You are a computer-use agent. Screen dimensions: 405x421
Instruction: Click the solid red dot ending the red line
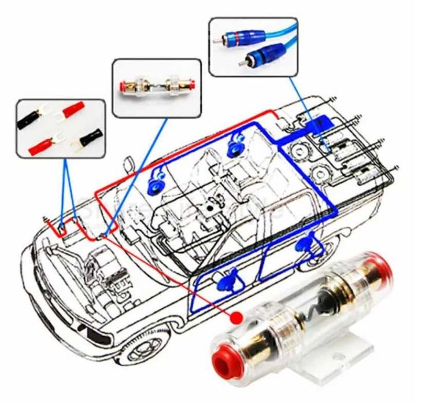(x=235, y=317)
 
